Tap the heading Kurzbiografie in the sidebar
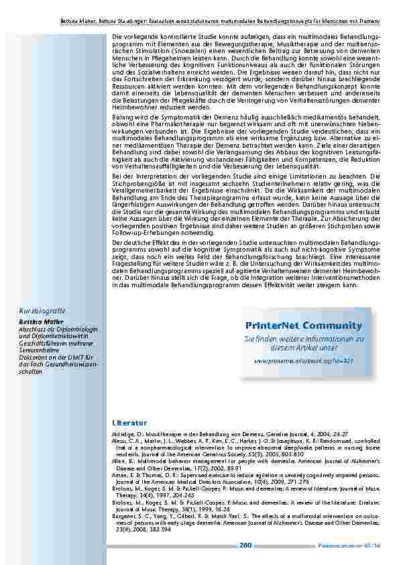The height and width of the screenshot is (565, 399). [42, 311]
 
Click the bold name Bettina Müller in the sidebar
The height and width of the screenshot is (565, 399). [38, 322]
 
